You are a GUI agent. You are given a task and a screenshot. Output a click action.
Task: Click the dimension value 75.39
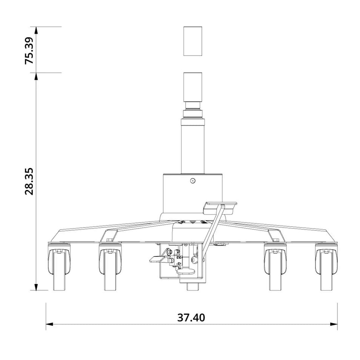(x=29, y=50)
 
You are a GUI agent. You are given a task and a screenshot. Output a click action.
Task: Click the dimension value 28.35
(x=29, y=181)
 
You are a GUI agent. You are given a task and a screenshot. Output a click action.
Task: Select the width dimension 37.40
(x=191, y=317)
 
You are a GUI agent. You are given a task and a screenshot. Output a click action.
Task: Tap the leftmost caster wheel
(x=60, y=267)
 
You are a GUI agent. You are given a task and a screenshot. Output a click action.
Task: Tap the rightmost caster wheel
(x=326, y=267)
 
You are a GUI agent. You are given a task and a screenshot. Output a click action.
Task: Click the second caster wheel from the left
(x=110, y=267)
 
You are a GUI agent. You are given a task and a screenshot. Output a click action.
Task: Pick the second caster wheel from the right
(x=275, y=267)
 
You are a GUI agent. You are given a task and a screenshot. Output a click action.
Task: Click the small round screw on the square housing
(x=192, y=181)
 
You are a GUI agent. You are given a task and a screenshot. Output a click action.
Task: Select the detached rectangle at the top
(x=192, y=41)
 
